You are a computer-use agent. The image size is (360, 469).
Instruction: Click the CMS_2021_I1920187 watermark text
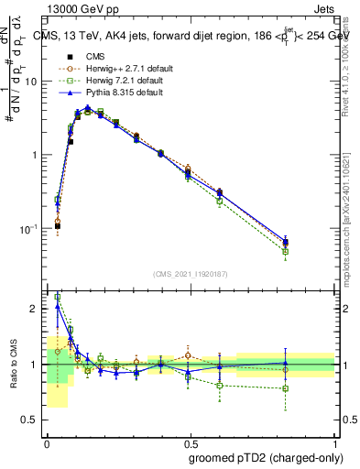coord(191,273)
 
